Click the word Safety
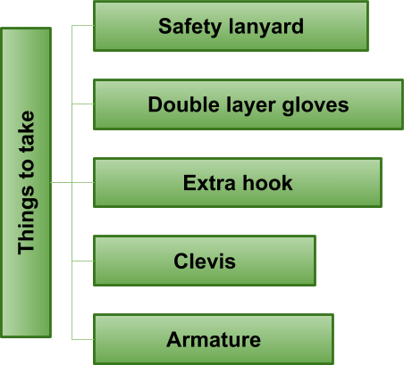click(189, 27)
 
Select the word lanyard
click(266, 27)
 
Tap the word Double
click(184, 104)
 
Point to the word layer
click(251, 105)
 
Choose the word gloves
click(316, 105)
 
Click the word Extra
click(209, 183)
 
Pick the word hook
click(267, 182)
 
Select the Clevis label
click(205, 261)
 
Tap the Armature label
click(214, 339)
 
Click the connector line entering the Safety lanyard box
click(83, 26)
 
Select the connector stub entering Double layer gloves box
click(83, 104)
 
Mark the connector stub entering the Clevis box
click(83, 261)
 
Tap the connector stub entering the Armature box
click(83, 339)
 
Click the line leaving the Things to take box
click(62, 182)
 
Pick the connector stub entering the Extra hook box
click(83, 182)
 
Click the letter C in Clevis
click(181, 261)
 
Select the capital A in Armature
click(174, 339)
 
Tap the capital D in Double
click(156, 104)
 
